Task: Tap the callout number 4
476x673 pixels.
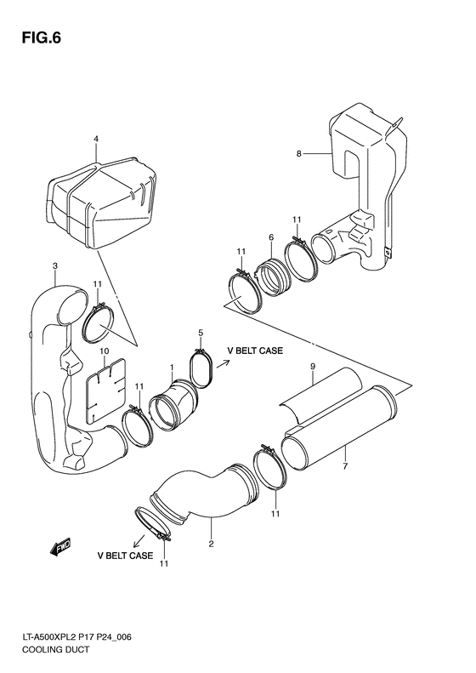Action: (x=96, y=139)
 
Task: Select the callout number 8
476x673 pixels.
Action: (x=298, y=154)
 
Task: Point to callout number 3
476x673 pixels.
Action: (x=54, y=266)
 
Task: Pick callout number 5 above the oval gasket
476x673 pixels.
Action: (x=201, y=332)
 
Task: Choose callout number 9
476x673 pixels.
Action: (x=312, y=366)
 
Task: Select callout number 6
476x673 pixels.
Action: (x=270, y=237)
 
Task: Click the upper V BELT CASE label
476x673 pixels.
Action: (x=255, y=351)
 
